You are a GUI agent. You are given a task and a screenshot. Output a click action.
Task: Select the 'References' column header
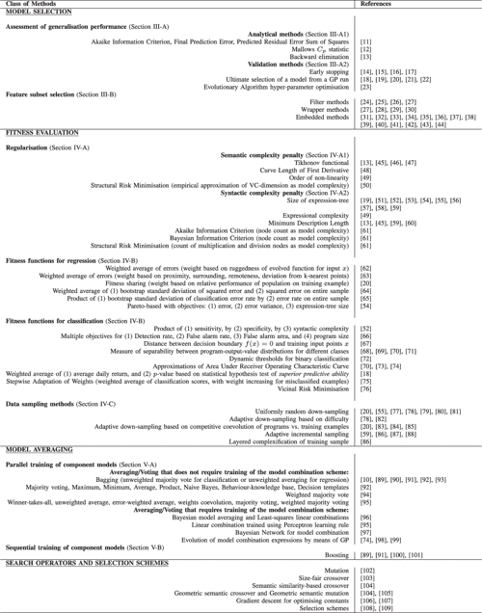point(376,4)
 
